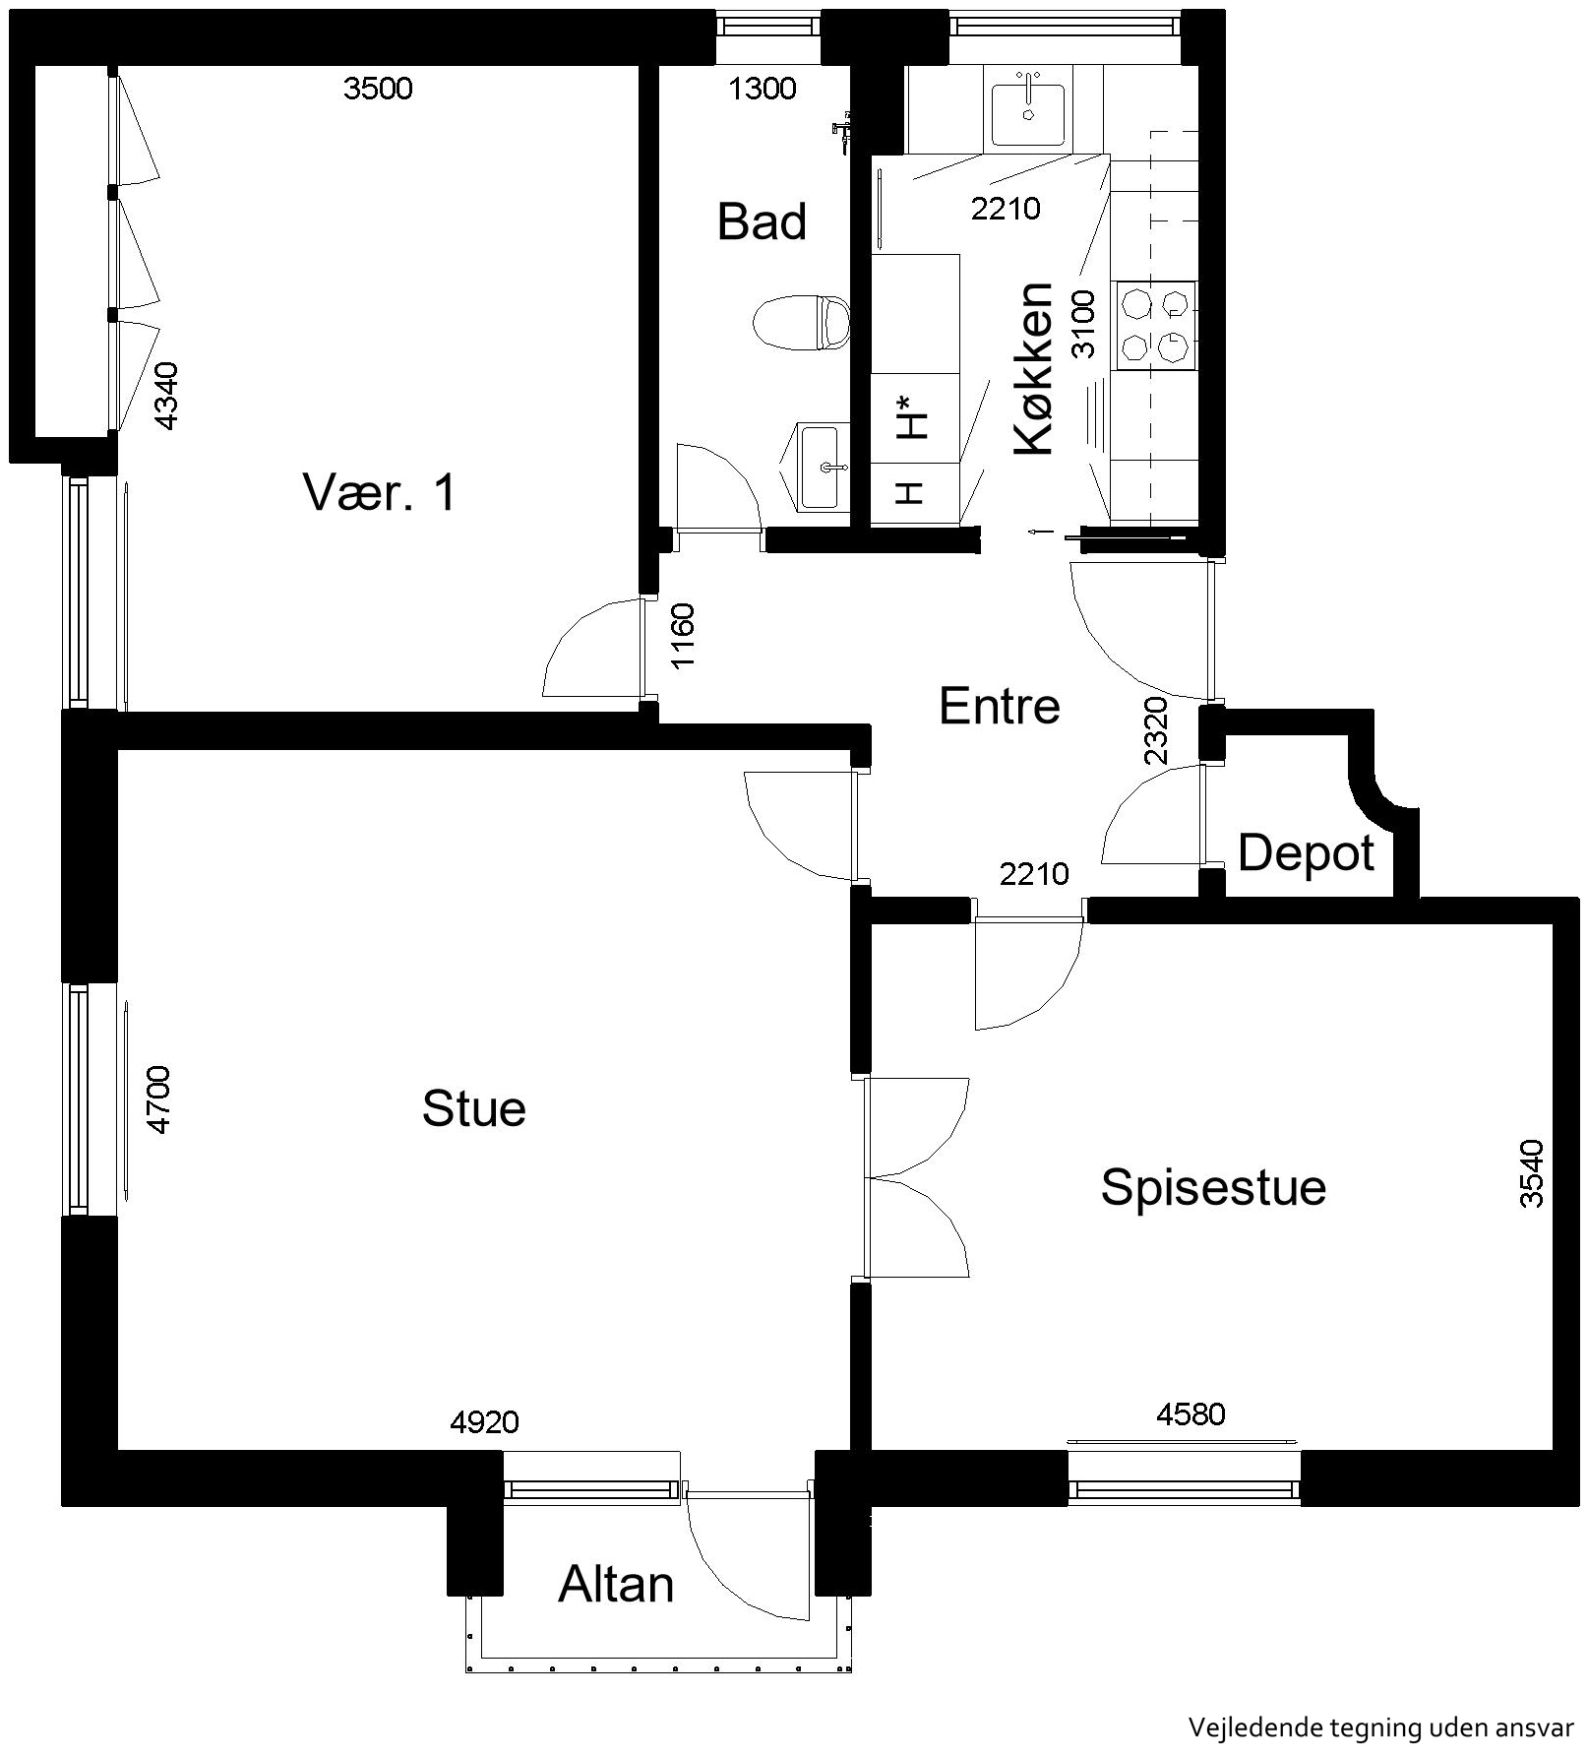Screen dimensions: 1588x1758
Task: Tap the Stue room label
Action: pos(473,1108)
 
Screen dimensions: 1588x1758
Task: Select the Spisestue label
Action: pos(1213,1188)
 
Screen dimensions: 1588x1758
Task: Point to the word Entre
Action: pos(999,706)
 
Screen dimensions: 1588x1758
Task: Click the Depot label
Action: pos(1306,853)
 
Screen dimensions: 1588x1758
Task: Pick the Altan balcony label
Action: pos(616,1585)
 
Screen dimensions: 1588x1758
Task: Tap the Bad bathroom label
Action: pos(762,221)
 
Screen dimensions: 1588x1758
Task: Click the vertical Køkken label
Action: pos(1034,368)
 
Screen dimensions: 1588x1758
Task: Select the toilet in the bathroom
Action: pos(801,322)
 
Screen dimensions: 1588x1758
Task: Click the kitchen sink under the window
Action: pos(1028,114)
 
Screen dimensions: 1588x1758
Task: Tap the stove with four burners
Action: pos(1155,326)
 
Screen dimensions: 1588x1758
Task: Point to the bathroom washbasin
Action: pos(819,466)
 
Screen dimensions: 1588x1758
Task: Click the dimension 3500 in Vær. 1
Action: pos(378,89)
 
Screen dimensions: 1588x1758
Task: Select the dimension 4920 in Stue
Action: pos(484,1422)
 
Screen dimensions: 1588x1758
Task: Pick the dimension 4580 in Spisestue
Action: pos(1191,1414)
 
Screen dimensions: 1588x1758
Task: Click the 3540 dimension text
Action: pos(1532,1172)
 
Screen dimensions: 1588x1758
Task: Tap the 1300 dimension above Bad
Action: pos(763,89)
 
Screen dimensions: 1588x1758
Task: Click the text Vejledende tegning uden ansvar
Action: pos(1381,1727)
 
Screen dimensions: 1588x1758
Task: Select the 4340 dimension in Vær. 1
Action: pos(167,396)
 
